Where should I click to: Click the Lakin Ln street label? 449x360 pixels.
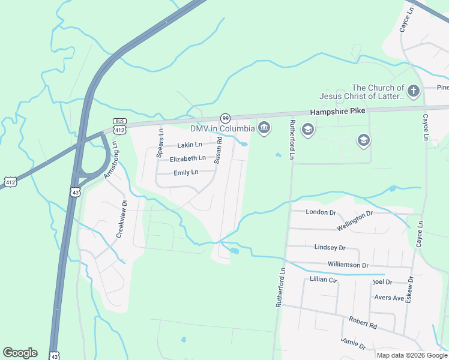(190, 145)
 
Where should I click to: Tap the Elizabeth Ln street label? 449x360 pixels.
(187, 159)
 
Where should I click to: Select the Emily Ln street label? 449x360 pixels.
(185, 173)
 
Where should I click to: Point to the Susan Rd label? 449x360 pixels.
(218, 150)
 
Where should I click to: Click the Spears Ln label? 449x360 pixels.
(160, 143)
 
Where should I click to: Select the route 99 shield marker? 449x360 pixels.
(225, 118)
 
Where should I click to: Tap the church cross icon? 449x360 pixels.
(413, 91)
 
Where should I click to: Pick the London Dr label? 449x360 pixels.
(321, 212)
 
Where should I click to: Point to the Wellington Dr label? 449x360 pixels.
(355, 221)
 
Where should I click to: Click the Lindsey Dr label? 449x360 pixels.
(330, 247)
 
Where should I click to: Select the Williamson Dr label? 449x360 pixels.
(348, 265)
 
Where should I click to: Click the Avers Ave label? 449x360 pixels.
(389, 298)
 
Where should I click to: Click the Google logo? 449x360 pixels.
(20, 353)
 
